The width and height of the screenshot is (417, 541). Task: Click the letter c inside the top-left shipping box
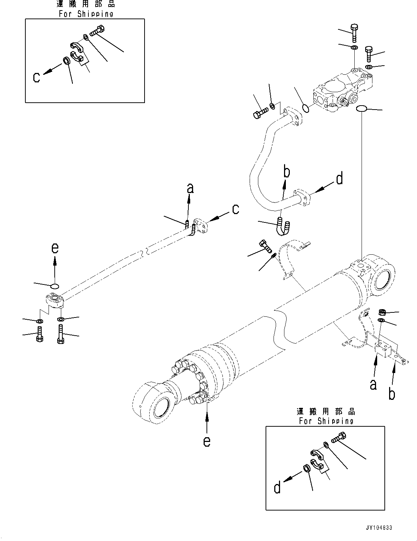click(37, 77)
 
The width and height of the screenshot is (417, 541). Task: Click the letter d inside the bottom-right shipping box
click(278, 487)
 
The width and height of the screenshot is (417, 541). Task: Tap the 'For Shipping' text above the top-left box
click(86, 14)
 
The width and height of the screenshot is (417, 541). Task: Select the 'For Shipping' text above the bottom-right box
click(326, 421)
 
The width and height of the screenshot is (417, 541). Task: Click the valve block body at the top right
click(341, 91)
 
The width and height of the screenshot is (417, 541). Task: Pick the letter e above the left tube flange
click(55, 248)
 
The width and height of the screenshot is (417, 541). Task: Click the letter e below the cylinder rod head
click(207, 441)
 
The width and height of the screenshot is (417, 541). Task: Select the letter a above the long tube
click(190, 188)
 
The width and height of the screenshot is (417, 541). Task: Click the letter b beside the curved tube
click(286, 172)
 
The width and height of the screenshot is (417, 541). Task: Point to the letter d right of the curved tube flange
click(339, 179)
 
